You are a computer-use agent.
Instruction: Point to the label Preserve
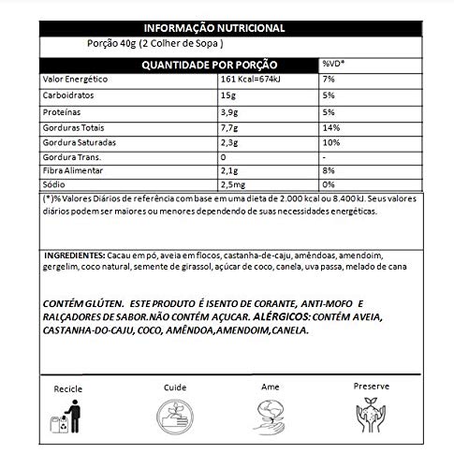click(372, 384)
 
